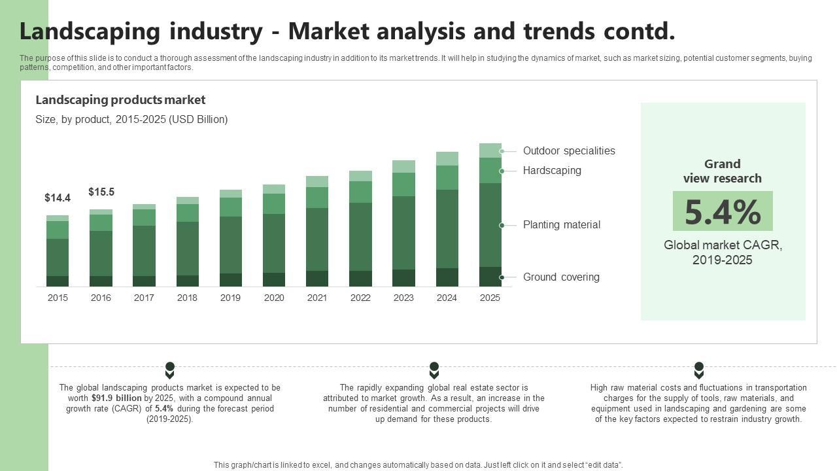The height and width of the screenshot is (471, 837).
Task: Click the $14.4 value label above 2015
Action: tap(58, 198)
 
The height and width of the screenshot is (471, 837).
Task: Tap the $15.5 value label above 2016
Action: tap(101, 192)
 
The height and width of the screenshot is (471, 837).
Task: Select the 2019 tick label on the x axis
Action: tap(230, 298)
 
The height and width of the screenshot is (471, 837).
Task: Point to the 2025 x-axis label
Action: tap(490, 298)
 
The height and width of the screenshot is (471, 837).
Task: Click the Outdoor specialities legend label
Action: tap(569, 151)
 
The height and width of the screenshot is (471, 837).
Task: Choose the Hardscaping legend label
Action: tap(552, 171)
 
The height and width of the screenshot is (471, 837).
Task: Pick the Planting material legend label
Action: tap(561, 225)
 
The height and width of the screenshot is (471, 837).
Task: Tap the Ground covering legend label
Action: tap(561, 277)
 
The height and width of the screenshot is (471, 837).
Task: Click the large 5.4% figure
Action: tap(723, 212)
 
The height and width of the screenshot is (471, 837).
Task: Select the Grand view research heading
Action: tap(723, 171)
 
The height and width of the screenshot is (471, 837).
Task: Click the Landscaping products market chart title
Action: tap(120, 100)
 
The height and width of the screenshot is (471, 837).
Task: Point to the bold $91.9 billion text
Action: tap(116, 398)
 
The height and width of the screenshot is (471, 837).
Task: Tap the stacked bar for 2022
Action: tap(360, 229)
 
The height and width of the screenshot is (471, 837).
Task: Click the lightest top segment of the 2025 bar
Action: tap(490, 150)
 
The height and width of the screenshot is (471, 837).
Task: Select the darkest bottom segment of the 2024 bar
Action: tap(447, 277)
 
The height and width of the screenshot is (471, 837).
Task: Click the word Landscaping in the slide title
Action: tap(90, 31)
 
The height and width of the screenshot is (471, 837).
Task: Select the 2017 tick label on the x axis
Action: tap(144, 298)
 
